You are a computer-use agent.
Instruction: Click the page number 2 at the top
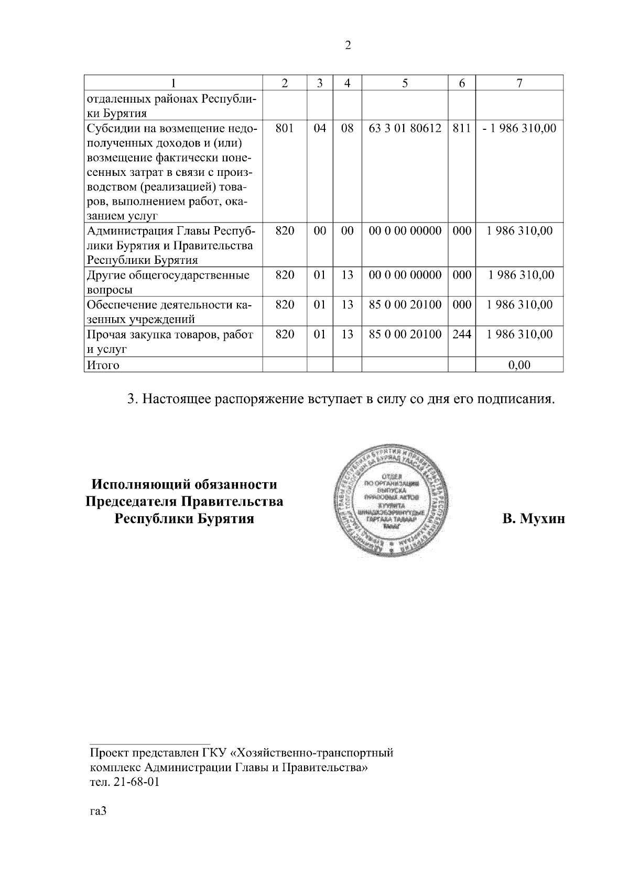point(348,45)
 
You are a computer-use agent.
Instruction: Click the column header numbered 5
point(405,83)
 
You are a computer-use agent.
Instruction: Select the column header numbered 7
point(519,83)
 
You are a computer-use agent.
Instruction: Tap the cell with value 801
point(285,128)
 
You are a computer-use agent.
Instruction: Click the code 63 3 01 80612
point(405,128)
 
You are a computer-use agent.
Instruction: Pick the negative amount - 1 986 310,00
point(519,128)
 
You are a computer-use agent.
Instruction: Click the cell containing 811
point(461,128)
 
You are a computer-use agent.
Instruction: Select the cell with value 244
point(461,334)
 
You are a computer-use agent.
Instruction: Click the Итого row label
point(103,365)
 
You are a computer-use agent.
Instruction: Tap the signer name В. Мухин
point(533,519)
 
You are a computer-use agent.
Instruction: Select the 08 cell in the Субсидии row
point(347,128)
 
